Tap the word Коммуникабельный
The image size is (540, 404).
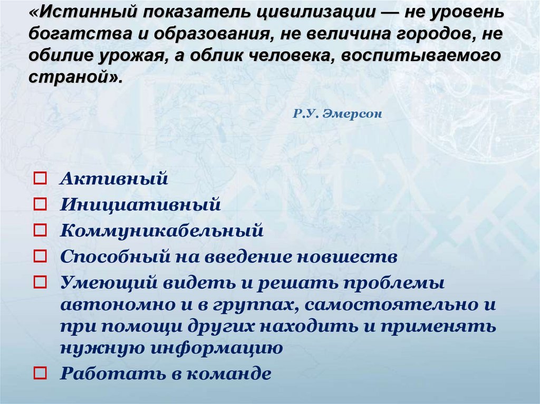(x=161, y=231)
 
